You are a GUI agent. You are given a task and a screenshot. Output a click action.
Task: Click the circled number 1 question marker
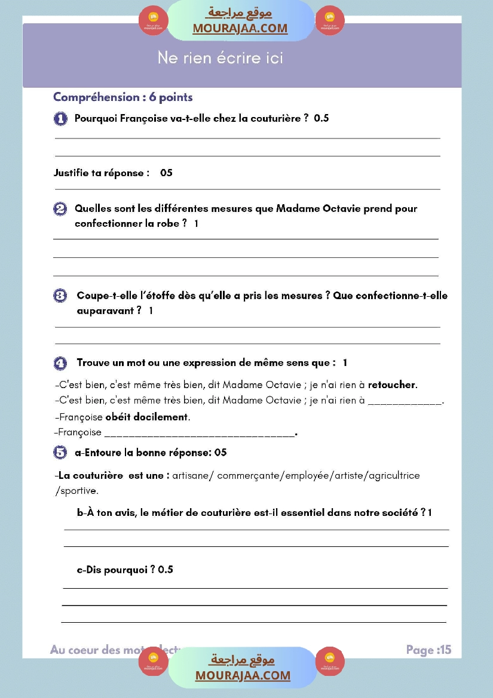60,119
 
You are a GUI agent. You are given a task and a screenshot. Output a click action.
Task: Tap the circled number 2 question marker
60,209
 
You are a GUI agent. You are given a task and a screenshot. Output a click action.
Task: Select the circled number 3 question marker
60,296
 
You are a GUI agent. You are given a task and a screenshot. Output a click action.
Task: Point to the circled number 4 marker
60,363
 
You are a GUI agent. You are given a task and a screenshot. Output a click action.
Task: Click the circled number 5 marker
60,453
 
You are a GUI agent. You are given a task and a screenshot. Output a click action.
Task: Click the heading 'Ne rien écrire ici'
220,58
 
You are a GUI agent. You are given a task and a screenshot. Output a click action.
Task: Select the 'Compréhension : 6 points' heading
123,97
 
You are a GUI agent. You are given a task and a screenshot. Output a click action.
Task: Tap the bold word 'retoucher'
392,385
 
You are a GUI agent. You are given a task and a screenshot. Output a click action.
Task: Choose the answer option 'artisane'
192,476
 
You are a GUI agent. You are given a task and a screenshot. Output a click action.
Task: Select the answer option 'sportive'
77,491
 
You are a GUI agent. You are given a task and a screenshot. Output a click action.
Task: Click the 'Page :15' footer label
428,650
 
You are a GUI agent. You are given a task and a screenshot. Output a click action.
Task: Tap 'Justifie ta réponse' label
100,173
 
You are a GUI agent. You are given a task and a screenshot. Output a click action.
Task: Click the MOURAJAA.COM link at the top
240,28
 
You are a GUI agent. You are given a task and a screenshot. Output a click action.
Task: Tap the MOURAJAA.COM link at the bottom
243,675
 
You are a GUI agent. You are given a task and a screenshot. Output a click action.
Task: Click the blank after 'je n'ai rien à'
405,401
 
